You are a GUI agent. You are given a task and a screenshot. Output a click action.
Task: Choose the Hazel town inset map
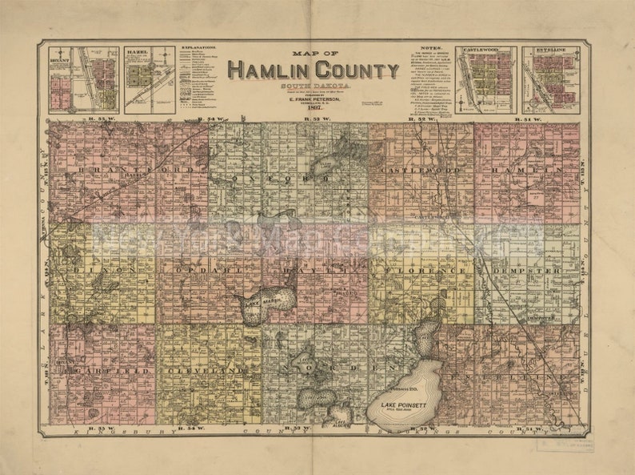pos(149,80)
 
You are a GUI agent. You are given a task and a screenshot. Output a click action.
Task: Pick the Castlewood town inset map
pos(485,80)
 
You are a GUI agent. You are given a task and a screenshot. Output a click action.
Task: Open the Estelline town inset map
pos(551,80)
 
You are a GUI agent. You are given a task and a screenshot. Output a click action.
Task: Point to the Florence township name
pos(422,272)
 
